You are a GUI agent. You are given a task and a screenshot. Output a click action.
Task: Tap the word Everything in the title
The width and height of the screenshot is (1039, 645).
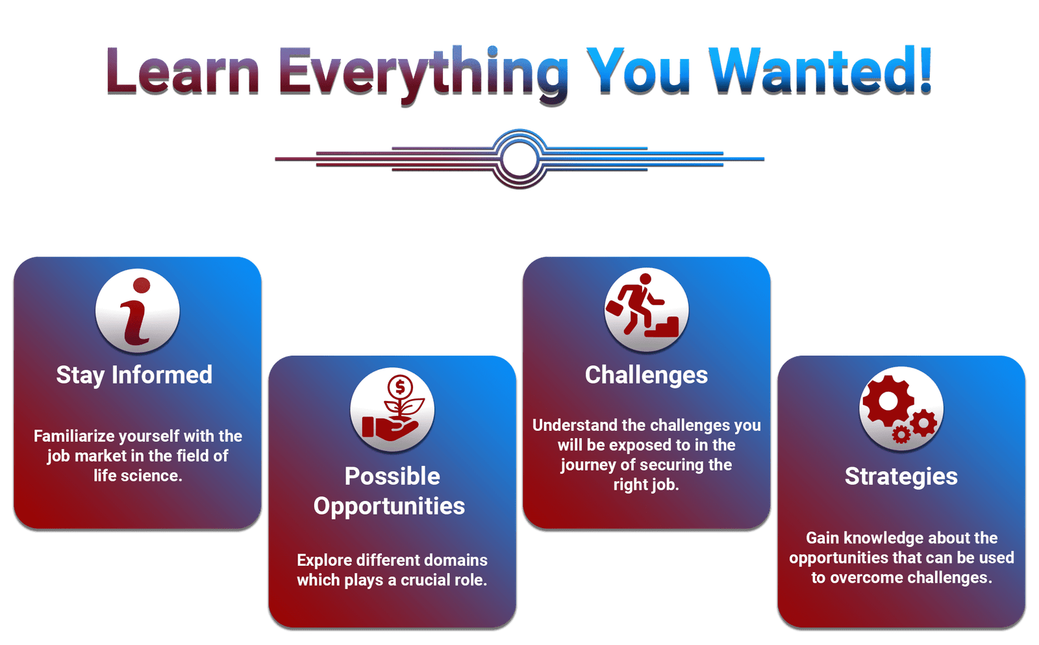pos(423,74)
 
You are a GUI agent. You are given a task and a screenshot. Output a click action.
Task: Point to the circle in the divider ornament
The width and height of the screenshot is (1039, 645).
pos(519,159)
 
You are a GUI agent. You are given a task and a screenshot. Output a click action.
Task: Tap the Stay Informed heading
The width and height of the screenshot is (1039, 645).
pos(134,375)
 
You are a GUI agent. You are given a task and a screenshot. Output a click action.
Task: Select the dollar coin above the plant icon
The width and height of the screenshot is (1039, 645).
pos(400,387)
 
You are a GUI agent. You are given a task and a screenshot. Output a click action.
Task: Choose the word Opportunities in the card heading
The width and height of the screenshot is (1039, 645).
pos(389,506)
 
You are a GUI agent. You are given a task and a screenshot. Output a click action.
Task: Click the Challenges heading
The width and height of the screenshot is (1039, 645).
pos(646,375)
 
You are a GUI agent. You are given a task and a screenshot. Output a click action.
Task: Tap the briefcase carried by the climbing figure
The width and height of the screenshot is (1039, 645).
pos(614,308)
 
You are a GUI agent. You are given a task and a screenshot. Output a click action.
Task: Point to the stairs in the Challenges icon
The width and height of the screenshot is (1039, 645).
pos(662,327)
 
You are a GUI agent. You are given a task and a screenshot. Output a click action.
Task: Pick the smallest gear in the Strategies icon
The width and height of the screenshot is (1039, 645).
pos(901,435)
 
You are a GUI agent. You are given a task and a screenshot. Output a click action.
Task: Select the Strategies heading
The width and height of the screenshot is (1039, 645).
pos(901,476)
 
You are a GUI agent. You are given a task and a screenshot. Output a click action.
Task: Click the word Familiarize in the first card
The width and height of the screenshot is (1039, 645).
pos(74,436)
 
